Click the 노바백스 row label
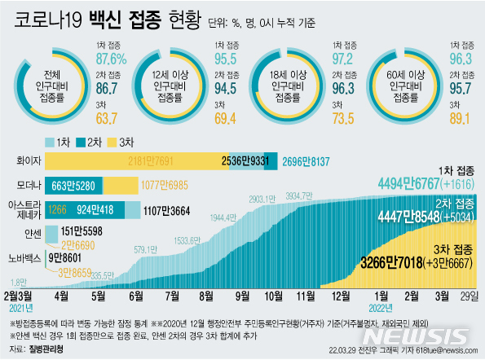(24, 257)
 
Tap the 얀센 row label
(31, 234)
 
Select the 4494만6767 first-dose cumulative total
(410, 184)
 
